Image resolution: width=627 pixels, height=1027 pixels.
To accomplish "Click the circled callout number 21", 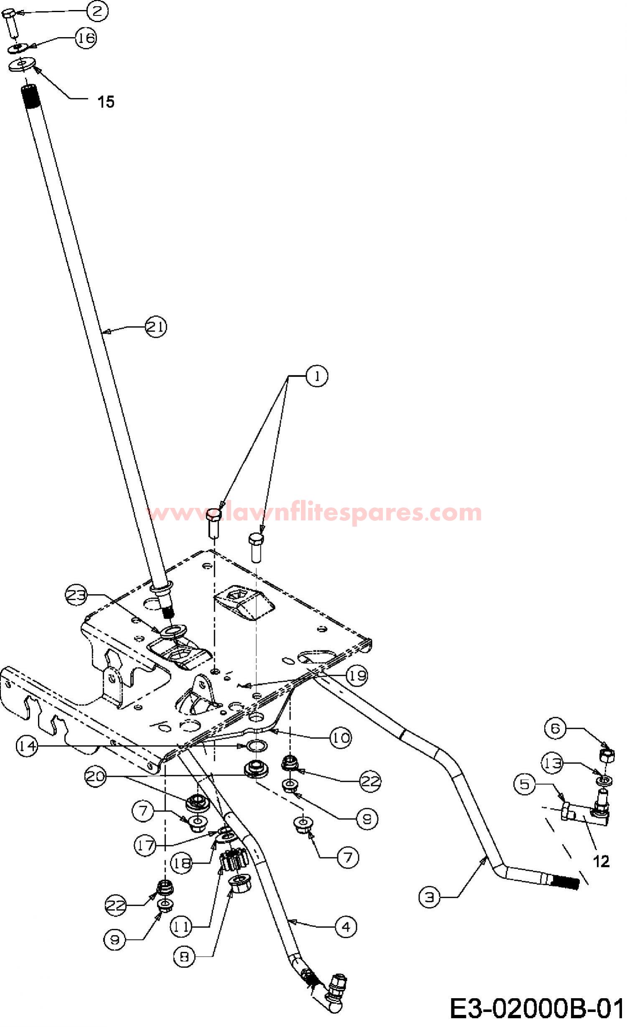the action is click(156, 327).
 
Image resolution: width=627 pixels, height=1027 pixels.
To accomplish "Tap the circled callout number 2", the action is click(97, 11).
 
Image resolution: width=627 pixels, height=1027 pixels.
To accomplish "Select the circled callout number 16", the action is click(86, 38).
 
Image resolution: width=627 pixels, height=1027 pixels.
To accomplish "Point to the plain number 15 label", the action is click(106, 101).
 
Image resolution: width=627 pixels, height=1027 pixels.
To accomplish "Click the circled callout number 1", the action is click(317, 376).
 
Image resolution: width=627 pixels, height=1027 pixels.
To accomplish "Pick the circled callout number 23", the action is click(77, 595).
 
